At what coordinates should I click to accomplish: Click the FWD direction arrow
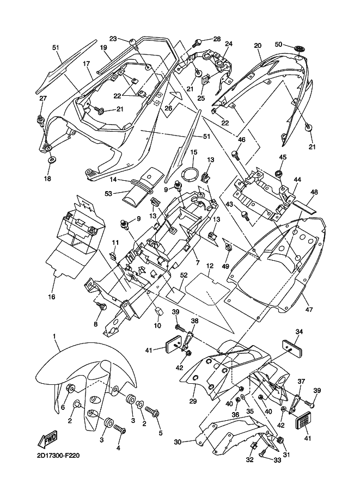pyautogui.click(x=48, y=438)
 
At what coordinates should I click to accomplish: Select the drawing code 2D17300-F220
pyautogui.click(x=58, y=456)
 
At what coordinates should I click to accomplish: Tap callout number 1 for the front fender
pyautogui.click(x=54, y=335)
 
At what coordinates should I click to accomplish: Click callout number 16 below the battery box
pyautogui.click(x=51, y=297)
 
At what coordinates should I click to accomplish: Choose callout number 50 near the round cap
pyautogui.click(x=278, y=45)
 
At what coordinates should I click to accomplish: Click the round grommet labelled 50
pyautogui.click(x=298, y=49)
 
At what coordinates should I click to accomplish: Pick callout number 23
pyautogui.click(x=113, y=38)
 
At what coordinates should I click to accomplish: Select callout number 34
pyautogui.click(x=299, y=332)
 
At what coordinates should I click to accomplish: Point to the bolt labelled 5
pyautogui.click(x=152, y=412)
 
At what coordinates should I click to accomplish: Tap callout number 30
pyautogui.click(x=178, y=441)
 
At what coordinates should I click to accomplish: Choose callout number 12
pyautogui.click(x=210, y=266)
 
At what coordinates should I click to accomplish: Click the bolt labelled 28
pyautogui.click(x=198, y=42)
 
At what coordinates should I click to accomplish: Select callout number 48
pyautogui.click(x=314, y=192)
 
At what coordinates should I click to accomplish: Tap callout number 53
pyautogui.click(x=108, y=193)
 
